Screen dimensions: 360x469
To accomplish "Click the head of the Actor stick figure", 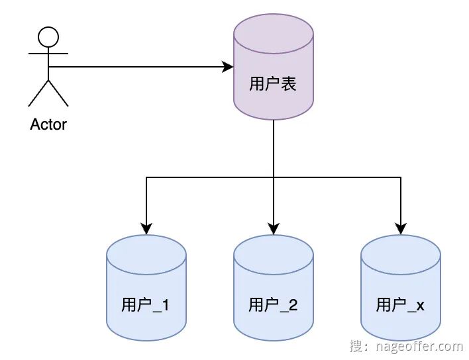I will tap(48, 36).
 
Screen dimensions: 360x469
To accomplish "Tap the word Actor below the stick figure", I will tap(48, 124).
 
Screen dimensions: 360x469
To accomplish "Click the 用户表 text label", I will tap(272, 84).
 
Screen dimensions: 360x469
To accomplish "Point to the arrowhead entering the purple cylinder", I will tap(228, 67).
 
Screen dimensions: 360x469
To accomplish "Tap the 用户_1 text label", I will tap(145, 305).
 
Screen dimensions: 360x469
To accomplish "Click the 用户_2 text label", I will tap(273, 305).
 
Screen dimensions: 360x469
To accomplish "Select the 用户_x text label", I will tap(400, 305).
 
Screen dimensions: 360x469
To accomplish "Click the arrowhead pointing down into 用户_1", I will tap(146, 229).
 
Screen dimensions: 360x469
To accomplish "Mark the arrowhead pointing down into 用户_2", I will tap(274, 229).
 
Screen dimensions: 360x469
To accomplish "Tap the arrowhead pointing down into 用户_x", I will tap(401, 229).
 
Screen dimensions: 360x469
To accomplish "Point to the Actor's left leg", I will tap(38, 93).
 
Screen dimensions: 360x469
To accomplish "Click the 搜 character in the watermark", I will tap(356, 345).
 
